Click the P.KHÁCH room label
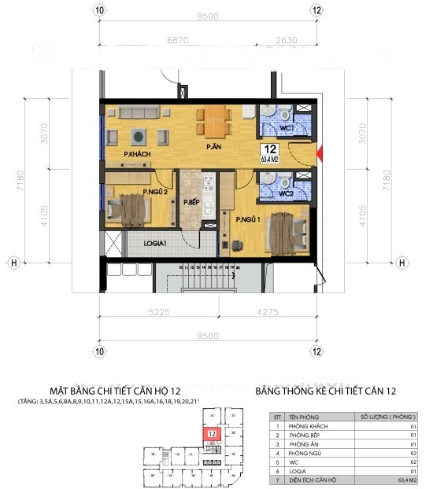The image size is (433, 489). [x=137, y=154]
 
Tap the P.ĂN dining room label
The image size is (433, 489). [x=212, y=147]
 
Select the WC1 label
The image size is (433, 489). [x=285, y=127]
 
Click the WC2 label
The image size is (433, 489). [x=285, y=193]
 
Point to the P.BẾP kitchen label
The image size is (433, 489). [x=191, y=203]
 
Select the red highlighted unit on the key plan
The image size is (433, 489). [x=212, y=433]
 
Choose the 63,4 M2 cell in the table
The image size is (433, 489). [x=387, y=479]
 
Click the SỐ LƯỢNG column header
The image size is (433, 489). [x=387, y=416]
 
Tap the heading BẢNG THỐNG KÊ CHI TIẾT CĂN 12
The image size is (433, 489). [x=326, y=391]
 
